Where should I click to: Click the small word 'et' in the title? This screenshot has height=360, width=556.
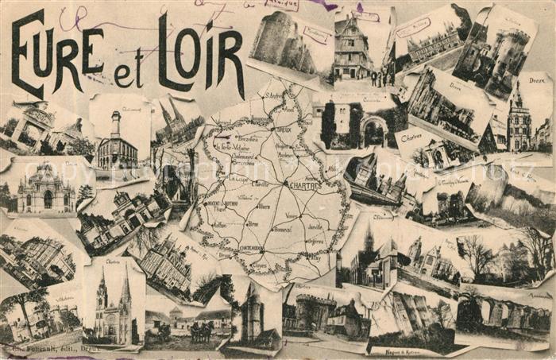127,74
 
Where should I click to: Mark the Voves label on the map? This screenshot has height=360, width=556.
292,215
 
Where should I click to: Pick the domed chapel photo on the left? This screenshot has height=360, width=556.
45,191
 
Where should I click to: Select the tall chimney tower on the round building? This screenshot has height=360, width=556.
116,126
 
